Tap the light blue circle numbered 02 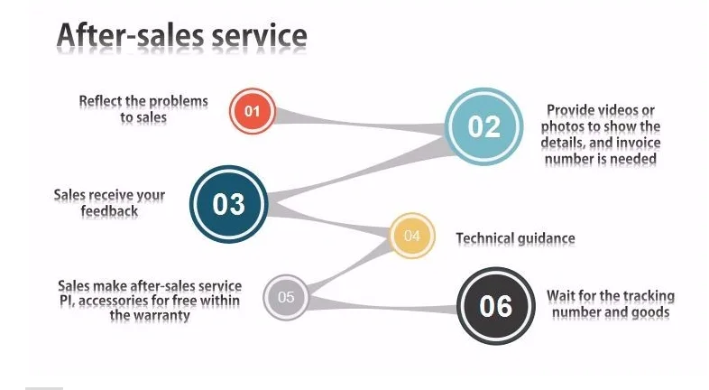(x=483, y=126)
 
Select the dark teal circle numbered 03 (x=228, y=203)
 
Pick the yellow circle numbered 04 (x=412, y=237)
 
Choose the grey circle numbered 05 (x=286, y=296)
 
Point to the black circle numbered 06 (x=495, y=306)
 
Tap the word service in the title (x=258, y=35)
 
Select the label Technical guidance (x=515, y=238)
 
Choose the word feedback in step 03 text (x=109, y=210)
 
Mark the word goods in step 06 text (x=649, y=312)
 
